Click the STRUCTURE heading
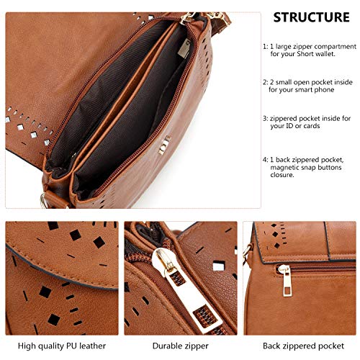[x=312, y=17]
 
